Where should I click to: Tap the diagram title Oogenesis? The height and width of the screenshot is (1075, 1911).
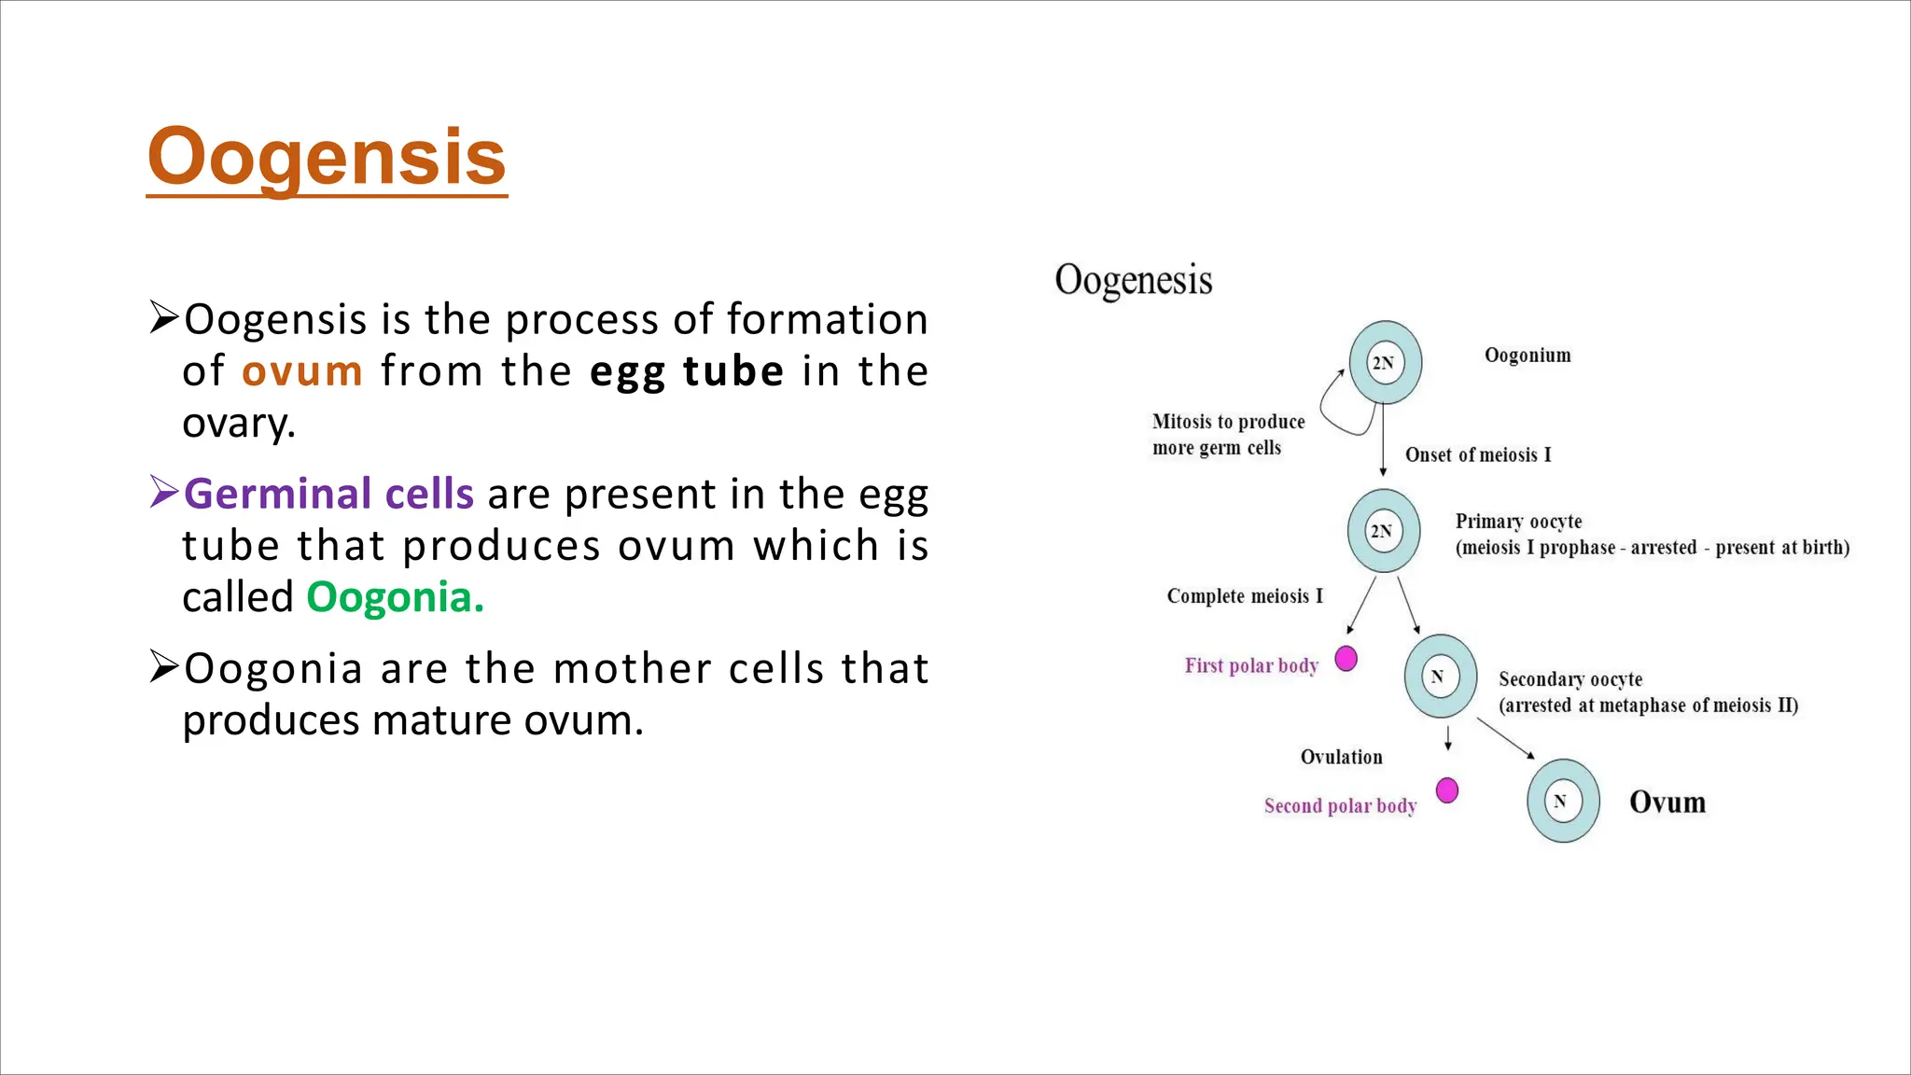point(1133,280)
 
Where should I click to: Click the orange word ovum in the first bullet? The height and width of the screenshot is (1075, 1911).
point(301,371)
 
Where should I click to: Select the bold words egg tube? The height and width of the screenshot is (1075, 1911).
point(687,371)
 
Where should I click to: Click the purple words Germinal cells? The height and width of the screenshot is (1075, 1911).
point(328,494)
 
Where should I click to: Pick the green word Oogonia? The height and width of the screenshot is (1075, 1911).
point(395,597)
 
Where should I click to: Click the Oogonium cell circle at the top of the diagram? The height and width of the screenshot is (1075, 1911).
point(1385,362)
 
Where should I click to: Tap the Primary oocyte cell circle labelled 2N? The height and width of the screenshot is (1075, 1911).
point(1383,531)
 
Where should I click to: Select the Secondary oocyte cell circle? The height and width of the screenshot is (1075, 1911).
point(1440,677)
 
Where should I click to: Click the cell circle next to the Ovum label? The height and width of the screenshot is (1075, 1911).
point(1563,801)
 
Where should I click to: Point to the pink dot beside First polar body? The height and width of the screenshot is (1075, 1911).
point(1346,659)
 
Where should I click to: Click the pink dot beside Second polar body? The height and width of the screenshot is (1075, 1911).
point(1446,790)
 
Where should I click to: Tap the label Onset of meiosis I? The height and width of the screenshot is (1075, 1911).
point(1478,455)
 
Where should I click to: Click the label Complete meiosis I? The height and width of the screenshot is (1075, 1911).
point(1245,596)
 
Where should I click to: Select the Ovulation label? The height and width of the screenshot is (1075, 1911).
point(1341,757)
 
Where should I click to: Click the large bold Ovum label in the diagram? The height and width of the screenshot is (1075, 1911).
point(1667,803)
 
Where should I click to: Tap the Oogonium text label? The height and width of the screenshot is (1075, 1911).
point(1527,356)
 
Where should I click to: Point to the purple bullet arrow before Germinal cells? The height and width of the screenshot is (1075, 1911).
point(163,492)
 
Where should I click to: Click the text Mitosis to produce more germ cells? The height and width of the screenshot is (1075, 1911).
point(1227,435)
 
